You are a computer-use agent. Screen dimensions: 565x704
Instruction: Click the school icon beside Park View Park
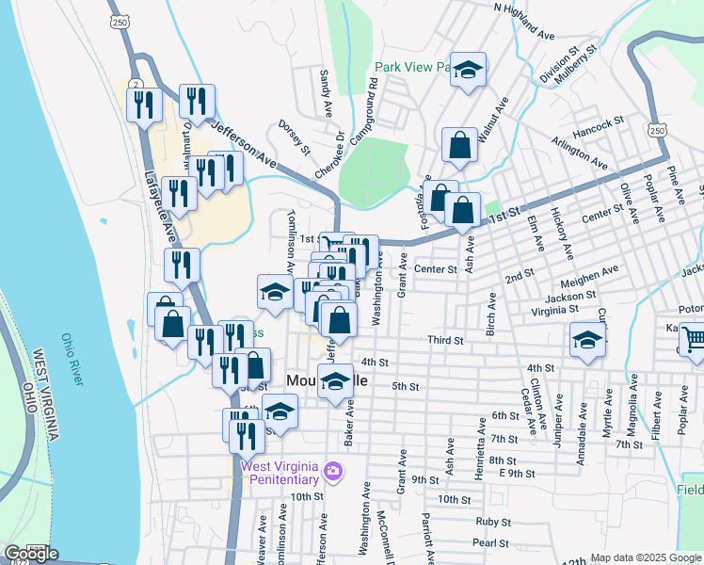467,71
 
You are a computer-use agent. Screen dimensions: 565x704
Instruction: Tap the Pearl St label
490,542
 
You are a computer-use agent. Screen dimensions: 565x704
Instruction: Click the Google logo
32,554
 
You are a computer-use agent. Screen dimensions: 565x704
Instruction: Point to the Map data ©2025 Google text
645,557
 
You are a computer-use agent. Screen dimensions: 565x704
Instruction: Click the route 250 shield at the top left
119,22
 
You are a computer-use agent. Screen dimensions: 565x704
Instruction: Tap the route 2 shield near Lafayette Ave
137,85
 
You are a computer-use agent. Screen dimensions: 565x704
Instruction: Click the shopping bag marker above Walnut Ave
459,146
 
